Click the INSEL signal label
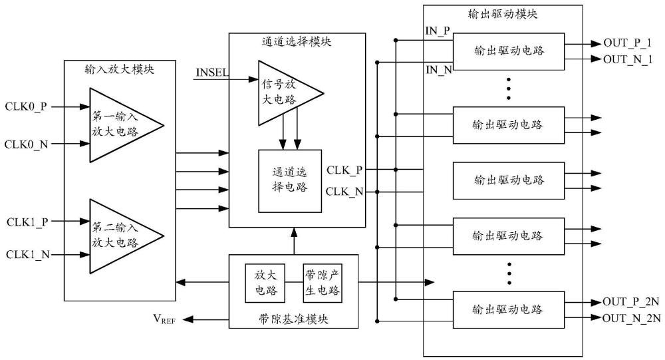pyautogui.click(x=212, y=71)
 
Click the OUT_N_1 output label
pyautogui.click(x=628, y=59)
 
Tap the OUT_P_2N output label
pyautogui.click(x=631, y=301)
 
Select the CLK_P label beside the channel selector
pyautogui.click(x=344, y=170)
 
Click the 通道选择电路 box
pyautogui.click(x=290, y=180)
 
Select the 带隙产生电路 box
pyautogui.click(x=322, y=283)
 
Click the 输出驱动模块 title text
pyautogui.click(x=503, y=14)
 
